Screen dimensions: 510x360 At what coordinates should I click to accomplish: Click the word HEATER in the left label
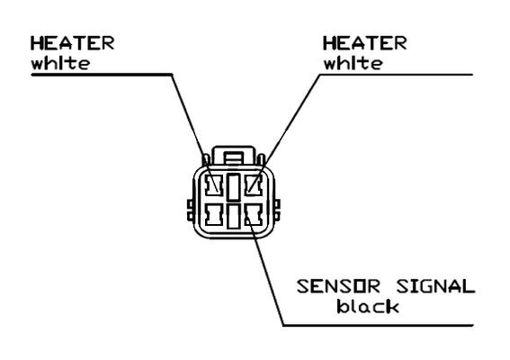72,43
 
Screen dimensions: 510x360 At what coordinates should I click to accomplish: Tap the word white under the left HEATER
60,63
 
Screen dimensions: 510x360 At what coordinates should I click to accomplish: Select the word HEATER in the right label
364,43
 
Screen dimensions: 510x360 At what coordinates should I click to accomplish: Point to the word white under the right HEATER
353,63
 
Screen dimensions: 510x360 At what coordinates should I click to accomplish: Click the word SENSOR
338,287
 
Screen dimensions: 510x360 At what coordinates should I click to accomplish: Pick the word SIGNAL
435,287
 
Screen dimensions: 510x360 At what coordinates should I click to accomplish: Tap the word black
368,306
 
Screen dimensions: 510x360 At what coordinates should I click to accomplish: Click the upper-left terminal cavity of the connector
214,185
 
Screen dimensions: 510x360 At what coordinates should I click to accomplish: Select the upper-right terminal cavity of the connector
253,185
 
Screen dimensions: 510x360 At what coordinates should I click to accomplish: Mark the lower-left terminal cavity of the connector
214,215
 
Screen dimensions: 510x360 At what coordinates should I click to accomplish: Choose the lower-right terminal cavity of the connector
253,215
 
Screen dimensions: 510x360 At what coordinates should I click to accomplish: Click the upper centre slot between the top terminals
234,187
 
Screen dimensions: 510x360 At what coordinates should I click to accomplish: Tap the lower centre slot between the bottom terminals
234,216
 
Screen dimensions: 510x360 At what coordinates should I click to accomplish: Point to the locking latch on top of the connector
233,157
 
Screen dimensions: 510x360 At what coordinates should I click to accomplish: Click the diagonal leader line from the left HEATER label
195,133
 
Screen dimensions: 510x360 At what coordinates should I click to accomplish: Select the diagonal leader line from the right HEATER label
283,133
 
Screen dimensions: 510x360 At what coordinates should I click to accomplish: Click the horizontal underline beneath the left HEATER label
102,75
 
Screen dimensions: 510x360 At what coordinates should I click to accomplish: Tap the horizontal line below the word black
378,325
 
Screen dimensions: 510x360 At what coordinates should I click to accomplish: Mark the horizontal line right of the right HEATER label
396,75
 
